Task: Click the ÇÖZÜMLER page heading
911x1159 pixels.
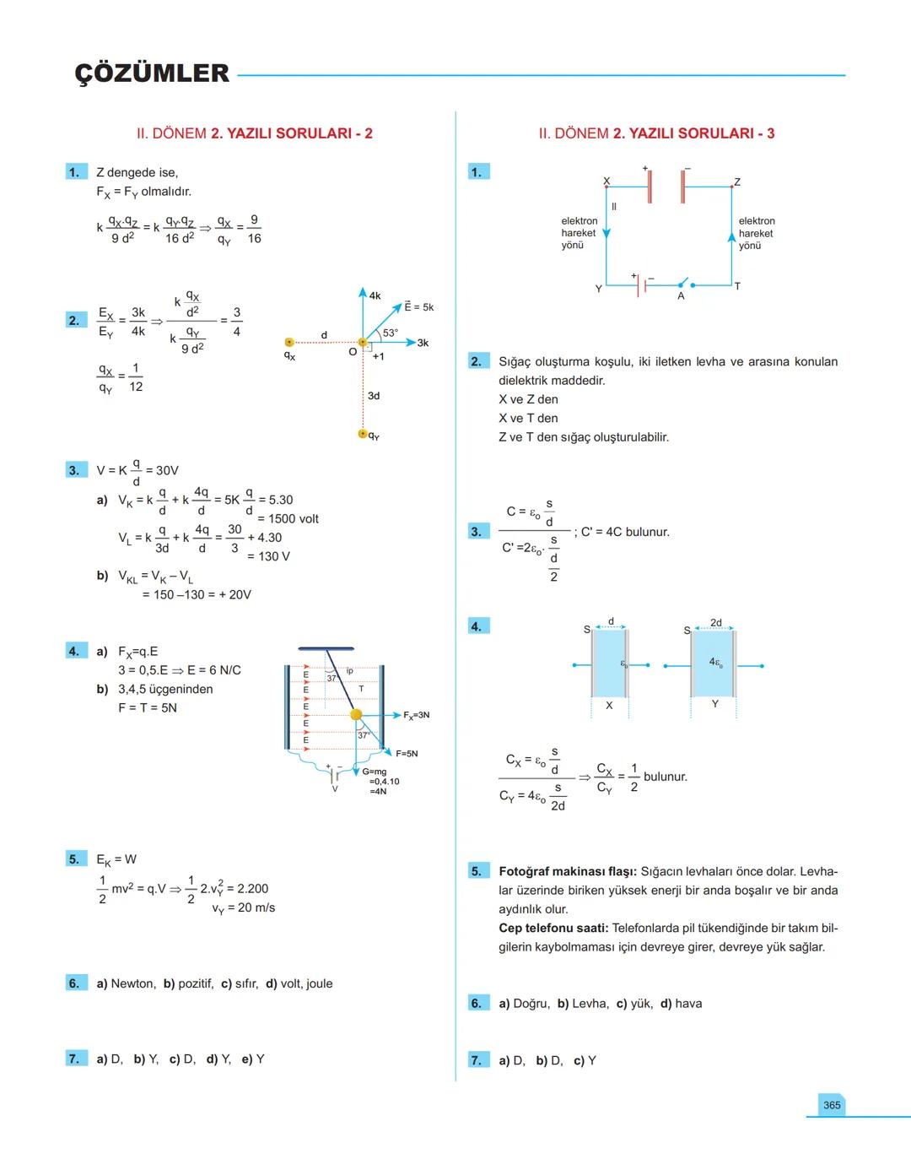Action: (152, 73)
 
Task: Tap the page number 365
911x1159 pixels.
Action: (832, 1105)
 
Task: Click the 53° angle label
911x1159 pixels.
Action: (391, 333)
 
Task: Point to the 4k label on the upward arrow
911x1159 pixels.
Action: (375, 296)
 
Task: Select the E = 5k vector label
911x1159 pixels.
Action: (418, 307)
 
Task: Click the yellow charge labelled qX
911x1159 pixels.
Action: (289, 343)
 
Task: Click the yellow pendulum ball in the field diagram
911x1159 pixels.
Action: (356, 715)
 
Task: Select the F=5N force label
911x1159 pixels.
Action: (407, 754)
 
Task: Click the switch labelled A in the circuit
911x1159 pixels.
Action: (682, 284)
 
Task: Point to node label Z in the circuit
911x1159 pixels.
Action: (737, 182)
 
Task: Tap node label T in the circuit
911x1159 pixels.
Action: (737, 286)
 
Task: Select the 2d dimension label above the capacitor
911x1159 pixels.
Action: (715, 623)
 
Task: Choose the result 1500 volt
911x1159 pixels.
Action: (293, 519)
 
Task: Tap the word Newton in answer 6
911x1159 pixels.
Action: (133, 983)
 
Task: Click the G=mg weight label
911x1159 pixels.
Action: (375, 772)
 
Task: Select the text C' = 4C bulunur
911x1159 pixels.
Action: (625, 532)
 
